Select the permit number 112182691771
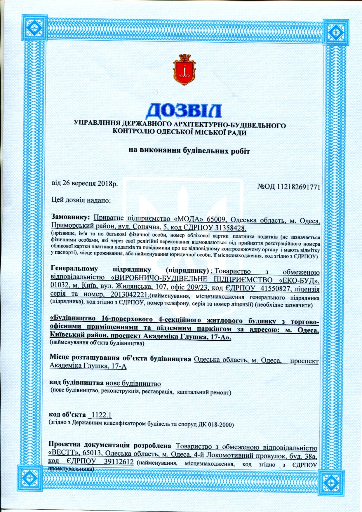[298, 187]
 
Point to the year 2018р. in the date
[107, 184]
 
